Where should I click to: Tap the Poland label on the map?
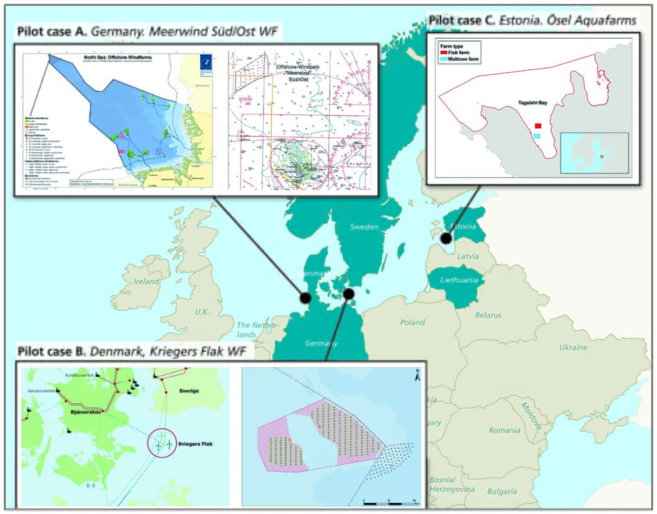tap(411, 322)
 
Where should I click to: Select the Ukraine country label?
tap(573, 347)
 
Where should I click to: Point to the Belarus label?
tap(488, 315)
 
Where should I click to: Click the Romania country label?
tap(503, 430)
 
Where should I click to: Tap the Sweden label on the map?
tap(363, 227)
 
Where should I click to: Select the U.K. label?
tap(202, 312)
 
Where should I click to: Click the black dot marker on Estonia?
tap(447, 238)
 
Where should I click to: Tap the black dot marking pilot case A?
tap(305, 297)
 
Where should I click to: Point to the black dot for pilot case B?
tap(349, 294)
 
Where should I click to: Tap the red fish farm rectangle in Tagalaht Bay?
tap(537, 125)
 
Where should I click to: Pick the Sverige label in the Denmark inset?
tap(189, 391)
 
